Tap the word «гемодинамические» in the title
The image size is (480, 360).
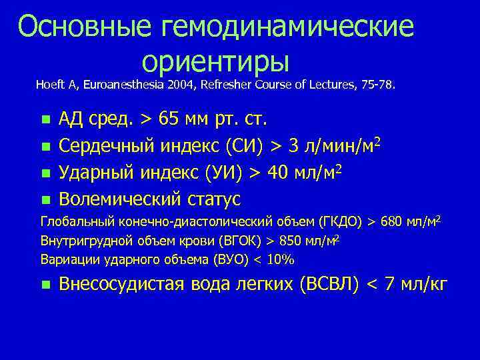click(x=288, y=27)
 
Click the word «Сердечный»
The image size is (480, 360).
click(x=109, y=147)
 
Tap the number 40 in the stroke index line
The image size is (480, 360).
click(x=279, y=173)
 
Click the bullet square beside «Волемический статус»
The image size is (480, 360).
click(x=45, y=199)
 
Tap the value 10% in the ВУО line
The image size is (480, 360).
click(x=283, y=259)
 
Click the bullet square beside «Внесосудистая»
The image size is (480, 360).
click(x=45, y=285)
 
